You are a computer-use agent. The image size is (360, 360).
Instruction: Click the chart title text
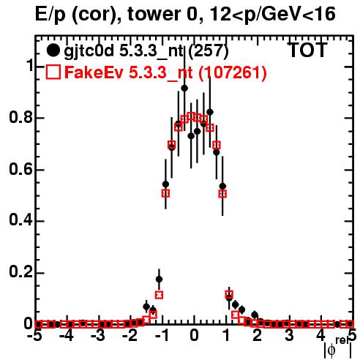pos(185,14)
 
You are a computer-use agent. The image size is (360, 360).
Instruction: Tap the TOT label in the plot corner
pos(307,50)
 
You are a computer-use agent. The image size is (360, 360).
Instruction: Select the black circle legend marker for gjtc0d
pos(53,50)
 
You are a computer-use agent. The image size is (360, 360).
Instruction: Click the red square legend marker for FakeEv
pos(53,72)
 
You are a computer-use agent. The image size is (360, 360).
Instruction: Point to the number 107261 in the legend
pos(232,72)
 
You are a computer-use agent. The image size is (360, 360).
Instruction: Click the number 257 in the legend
pos(209,50)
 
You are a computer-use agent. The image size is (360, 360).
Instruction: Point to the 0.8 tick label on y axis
pos(21,117)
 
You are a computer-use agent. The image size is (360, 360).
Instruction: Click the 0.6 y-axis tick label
pos(21,169)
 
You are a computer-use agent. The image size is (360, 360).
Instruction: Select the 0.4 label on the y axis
pos(21,220)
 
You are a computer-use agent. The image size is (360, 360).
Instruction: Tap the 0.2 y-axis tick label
pos(21,272)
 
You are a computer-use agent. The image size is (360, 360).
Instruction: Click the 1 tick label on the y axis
pos(30,65)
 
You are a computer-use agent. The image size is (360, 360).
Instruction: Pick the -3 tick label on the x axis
pos(99,336)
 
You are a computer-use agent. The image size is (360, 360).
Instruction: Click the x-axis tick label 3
pos(289,336)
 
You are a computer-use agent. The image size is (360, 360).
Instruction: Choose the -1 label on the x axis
pos(162,336)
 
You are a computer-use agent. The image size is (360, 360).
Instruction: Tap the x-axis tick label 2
pos(258,336)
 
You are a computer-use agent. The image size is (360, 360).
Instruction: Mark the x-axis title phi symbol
pos(331,350)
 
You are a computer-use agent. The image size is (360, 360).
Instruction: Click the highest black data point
pos(184,88)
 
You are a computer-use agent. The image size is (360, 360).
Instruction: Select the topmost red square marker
pos(191,116)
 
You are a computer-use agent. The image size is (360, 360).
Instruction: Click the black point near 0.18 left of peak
pos(159,279)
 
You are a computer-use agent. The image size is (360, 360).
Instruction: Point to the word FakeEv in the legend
pos(94,72)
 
